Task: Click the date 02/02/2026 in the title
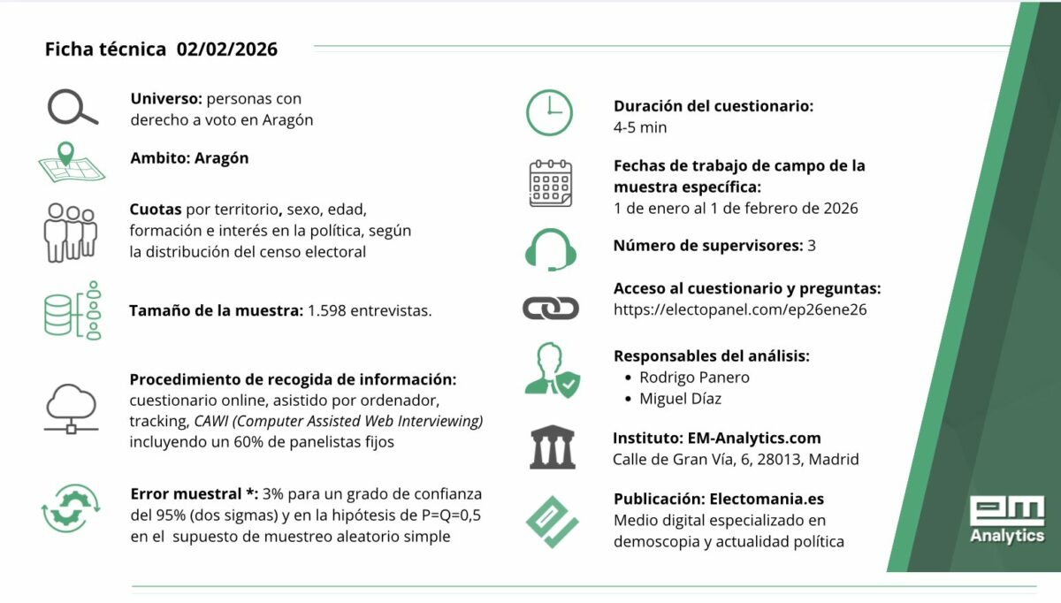coord(226,50)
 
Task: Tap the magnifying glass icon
coord(72,108)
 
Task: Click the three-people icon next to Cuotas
coord(71,232)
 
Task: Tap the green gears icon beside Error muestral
coord(71,510)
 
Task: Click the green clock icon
coord(550,112)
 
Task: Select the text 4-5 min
coord(640,127)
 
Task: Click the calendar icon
coord(550,184)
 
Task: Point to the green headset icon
coord(550,248)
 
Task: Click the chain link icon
coord(550,308)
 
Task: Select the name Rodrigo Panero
coord(694,378)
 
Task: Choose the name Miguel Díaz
coord(680,399)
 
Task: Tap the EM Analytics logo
coord(1006,519)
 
